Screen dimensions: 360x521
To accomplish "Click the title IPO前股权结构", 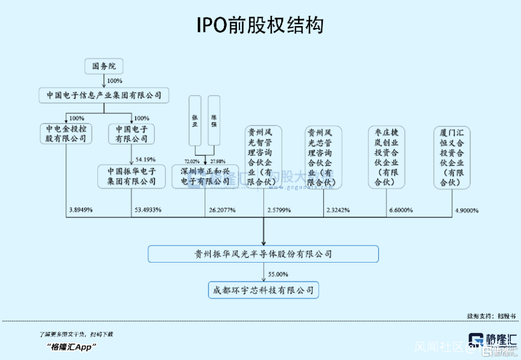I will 260,25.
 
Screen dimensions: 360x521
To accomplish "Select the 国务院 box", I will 104,66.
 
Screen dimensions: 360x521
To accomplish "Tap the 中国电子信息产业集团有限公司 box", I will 104,95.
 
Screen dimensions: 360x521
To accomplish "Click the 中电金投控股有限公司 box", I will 66,134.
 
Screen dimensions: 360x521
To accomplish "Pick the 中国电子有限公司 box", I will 131,134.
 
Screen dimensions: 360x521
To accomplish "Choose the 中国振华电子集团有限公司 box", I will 132,176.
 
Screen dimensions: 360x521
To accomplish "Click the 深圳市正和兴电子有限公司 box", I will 205,176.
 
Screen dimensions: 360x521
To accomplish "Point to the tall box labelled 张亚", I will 195,121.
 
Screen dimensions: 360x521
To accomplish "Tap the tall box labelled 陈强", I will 214,121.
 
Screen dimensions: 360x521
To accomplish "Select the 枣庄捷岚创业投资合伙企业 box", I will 386,157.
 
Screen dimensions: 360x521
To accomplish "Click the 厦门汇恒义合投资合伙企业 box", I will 452,157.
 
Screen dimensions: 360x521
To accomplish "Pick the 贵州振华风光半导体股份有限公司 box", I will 263,254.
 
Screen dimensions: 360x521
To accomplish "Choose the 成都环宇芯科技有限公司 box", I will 263,291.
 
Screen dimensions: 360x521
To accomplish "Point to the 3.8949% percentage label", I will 81,210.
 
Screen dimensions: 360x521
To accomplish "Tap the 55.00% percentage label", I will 278,274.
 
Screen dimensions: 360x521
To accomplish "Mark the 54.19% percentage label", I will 146,159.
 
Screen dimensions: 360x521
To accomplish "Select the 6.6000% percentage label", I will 401,210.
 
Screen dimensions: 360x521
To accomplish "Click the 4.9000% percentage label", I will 466,210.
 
